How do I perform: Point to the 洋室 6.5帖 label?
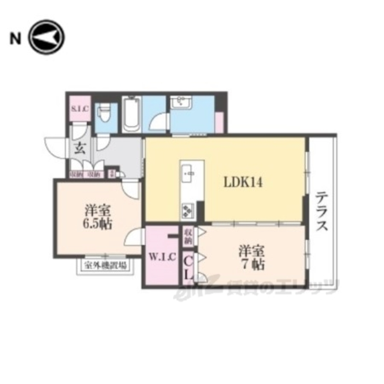tap(98, 217)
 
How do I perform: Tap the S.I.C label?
tap(79, 109)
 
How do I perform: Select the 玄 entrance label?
tap(80, 148)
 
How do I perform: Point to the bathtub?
tap(131, 114)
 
